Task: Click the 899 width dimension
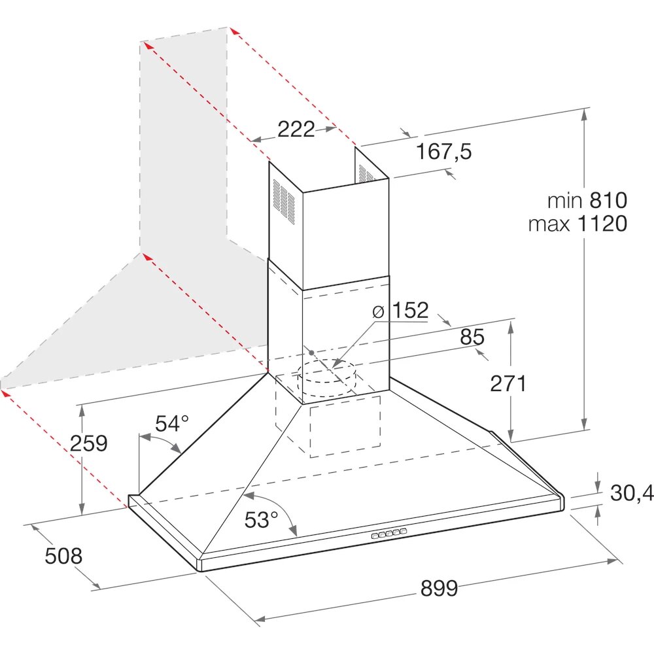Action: tap(439, 588)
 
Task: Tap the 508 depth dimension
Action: tap(63, 556)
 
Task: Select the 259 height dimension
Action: tap(88, 443)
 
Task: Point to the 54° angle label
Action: tap(172, 424)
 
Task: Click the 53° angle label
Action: tap(261, 520)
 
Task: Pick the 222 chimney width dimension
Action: tap(296, 129)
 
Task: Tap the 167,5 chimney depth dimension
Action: tap(444, 151)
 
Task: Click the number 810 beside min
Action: tap(608, 201)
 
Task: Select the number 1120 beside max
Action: tap(602, 224)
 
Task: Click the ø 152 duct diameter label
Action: tap(400, 311)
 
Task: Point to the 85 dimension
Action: tap(472, 337)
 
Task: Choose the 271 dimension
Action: tap(508, 383)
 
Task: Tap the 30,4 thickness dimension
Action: tap(632, 493)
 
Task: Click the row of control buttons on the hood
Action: tap(388, 534)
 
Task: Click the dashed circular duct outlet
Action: tap(326, 379)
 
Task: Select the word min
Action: tap(565, 201)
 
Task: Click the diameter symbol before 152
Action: tap(378, 311)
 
